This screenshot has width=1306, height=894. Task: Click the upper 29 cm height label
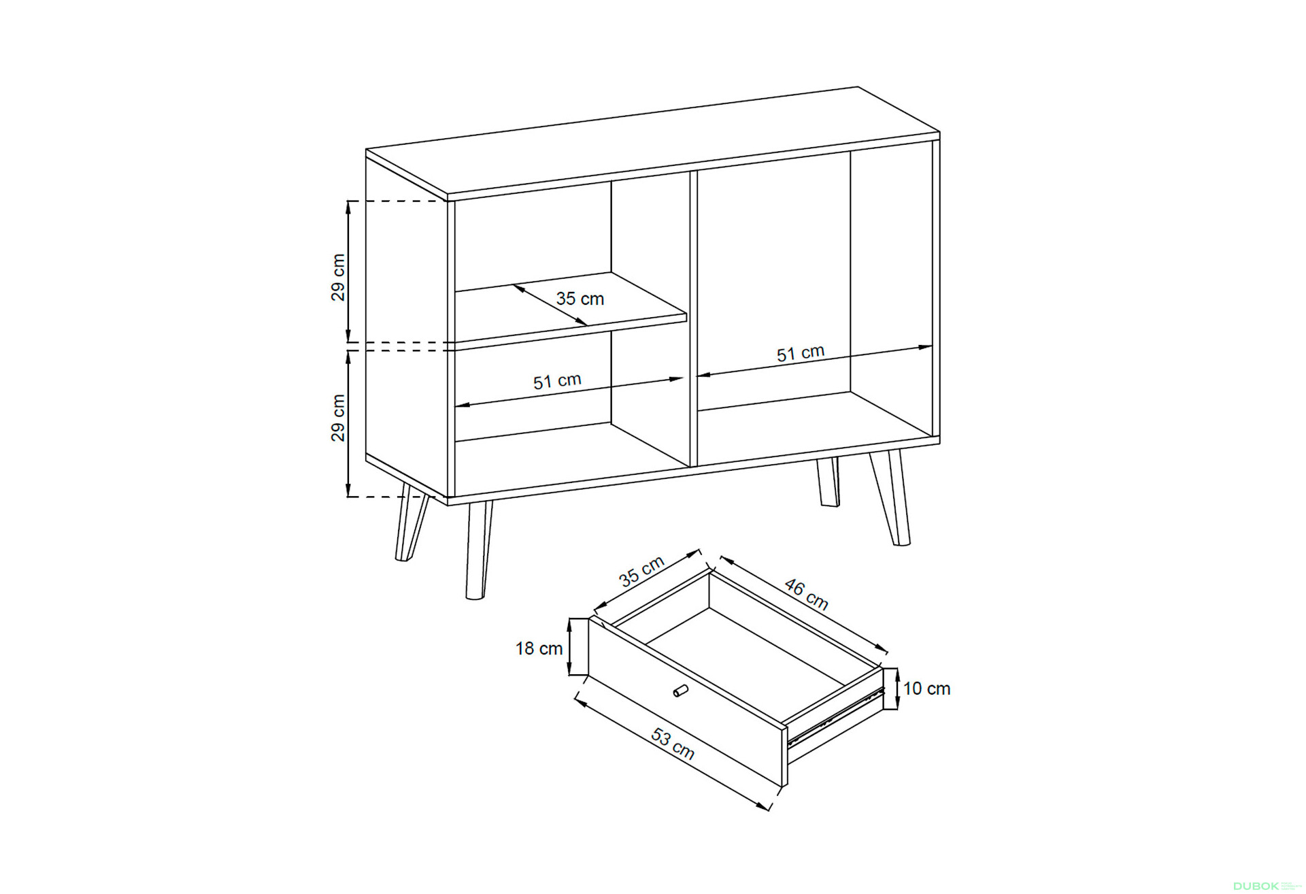(338, 278)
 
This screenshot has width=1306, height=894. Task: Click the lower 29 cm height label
(338, 418)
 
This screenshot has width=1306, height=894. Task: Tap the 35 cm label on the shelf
(580, 299)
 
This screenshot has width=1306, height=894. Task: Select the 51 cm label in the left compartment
(557, 381)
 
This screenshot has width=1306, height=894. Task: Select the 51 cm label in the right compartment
(801, 353)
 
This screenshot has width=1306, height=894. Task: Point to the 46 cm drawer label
(807, 594)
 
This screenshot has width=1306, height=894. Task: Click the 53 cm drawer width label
(673, 744)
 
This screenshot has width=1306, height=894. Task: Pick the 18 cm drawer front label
(539, 648)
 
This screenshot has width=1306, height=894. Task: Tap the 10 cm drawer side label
(926, 689)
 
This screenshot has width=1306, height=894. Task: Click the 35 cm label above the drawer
(641, 571)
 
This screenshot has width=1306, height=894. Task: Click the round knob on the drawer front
(681, 691)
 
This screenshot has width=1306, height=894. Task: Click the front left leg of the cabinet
(478, 550)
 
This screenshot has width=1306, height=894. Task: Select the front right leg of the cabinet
(890, 497)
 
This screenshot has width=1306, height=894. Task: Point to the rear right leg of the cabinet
(828, 482)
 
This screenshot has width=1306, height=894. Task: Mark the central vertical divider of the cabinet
(694, 318)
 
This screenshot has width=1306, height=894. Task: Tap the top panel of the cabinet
(653, 143)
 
